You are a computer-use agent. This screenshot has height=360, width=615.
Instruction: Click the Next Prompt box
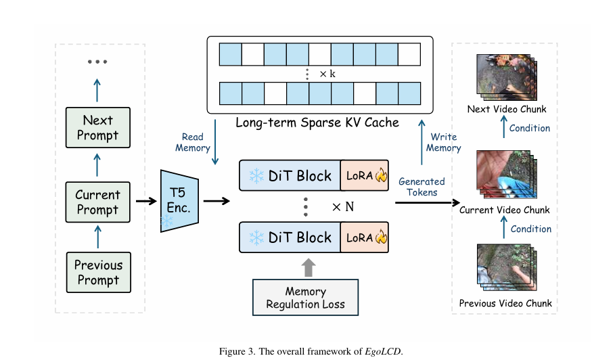(98, 129)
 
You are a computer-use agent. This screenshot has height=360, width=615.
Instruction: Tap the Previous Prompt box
(98, 272)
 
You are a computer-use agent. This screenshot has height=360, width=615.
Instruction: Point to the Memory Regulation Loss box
(305, 297)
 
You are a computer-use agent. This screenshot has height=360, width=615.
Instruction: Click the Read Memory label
(193, 142)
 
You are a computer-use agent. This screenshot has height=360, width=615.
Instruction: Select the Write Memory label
(444, 142)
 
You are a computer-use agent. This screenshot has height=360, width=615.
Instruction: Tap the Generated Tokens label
(422, 187)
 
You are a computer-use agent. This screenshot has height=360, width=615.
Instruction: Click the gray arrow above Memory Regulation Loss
(309, 267)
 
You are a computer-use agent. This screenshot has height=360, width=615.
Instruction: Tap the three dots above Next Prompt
(97, 62)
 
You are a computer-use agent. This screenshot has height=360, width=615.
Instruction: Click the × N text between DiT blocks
(342, 207)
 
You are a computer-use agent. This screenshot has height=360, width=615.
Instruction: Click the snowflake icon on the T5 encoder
(166, 222)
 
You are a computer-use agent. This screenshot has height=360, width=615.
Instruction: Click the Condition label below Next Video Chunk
(530, 129)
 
